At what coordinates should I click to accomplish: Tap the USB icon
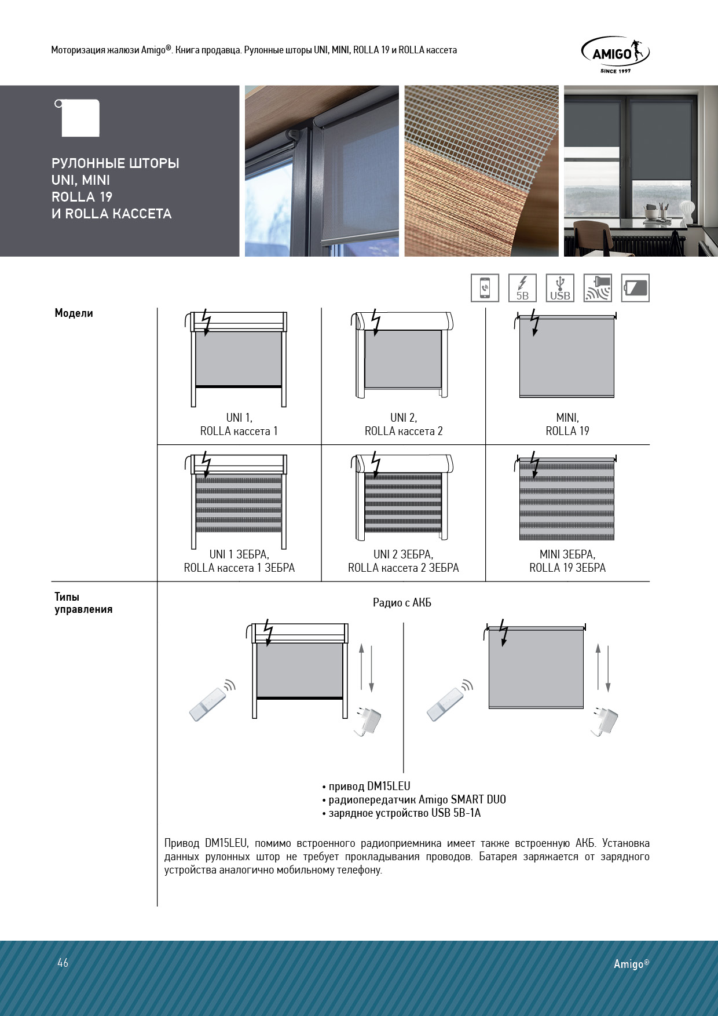point(560,288)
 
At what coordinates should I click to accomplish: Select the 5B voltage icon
point(522,288)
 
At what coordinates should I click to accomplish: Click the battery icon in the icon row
point(635,288)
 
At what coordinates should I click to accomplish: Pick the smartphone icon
point(485,288)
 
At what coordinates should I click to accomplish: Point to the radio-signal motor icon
point(598,288)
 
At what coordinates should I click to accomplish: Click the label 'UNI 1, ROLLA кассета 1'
point(239,425)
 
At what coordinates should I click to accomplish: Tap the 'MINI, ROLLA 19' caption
point(567,425)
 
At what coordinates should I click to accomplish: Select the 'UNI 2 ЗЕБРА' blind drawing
point(403,498)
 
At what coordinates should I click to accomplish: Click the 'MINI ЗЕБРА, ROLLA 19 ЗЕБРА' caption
point(567,561)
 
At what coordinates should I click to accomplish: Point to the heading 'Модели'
point(74,313)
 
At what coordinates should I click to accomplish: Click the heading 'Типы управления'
point(83,603)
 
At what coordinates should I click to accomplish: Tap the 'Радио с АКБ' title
point(402,603)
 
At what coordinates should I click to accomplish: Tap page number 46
point(63,963)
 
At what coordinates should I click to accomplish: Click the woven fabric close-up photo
point(481,171)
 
